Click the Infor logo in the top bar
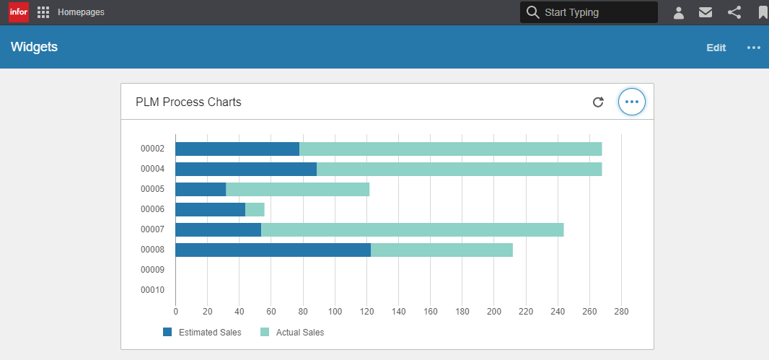click(x=19, y=12)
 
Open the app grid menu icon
click(x=43, y=12)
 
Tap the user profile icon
click(x=678, y=12)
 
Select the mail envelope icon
click(x=706, y=12)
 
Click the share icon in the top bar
click(x=734, y=12)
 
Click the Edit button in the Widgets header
click(x=716, y=48)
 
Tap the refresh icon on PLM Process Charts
click(x=597, y=102)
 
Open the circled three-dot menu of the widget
click(x=632, y=102)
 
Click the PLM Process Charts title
click(x=188, y=102)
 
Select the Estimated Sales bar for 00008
click(x=273, y=250)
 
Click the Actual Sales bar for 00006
click(x=255, y=210)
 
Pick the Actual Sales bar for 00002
click(x=450, y=149)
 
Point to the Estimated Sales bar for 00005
click(x=201, y=190)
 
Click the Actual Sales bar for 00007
click(x=412, y=230)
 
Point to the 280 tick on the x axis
click(x=621, y=312)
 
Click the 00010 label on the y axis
click(x=152, y=290)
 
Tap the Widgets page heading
click(x=34, y=47)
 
